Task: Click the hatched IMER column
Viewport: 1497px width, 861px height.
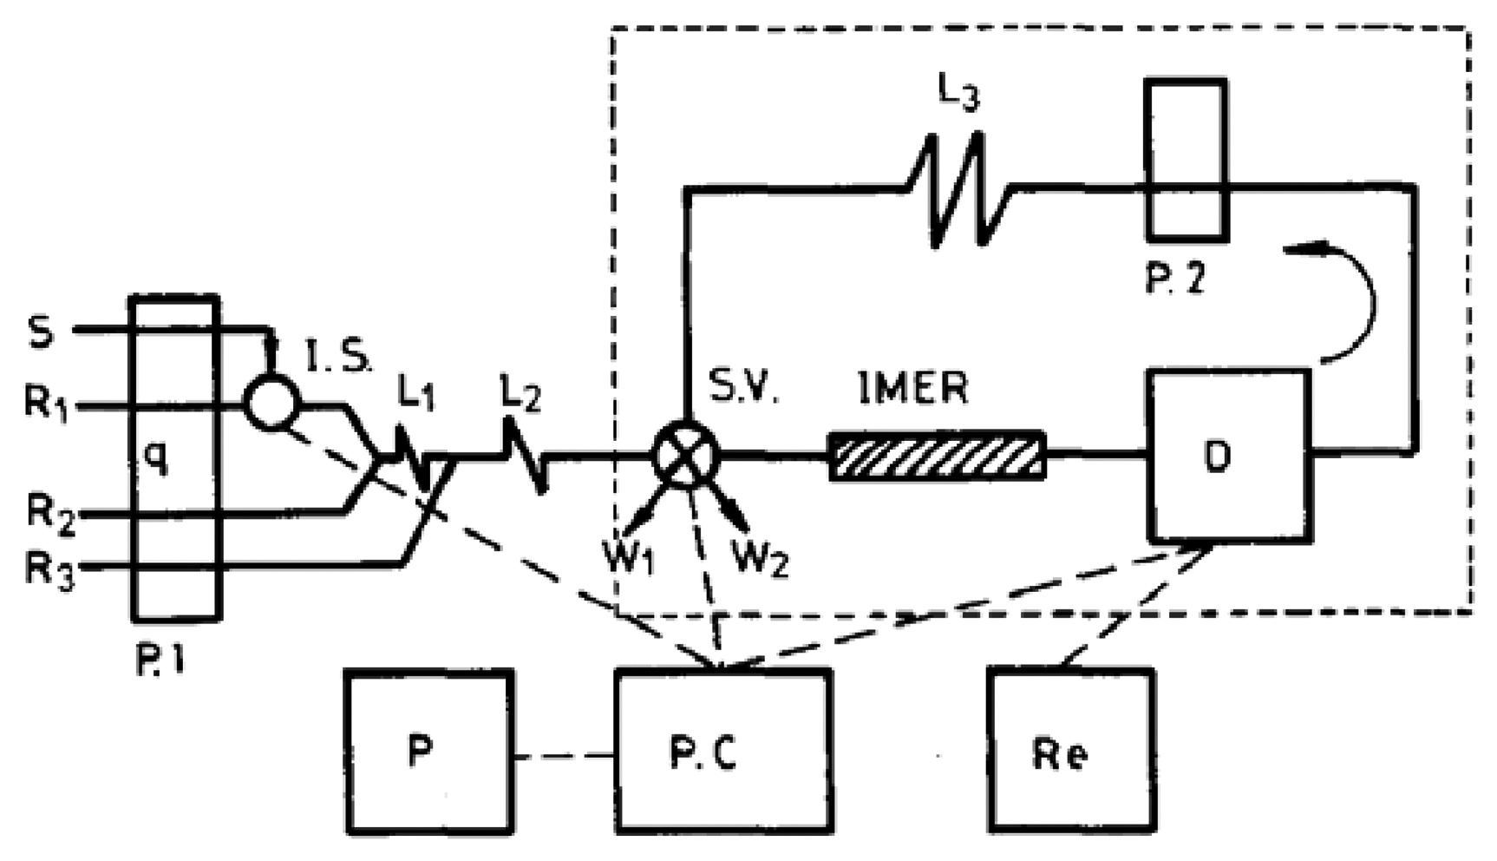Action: [x=937, y=456]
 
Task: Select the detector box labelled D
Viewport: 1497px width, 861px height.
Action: [x=1230, y=456]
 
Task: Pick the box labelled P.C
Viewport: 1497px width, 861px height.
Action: [x=722, y=752]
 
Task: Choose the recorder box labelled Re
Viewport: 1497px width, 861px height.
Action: [x=1072, y=752]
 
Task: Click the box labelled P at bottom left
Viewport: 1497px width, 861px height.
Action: [x=428, y=752]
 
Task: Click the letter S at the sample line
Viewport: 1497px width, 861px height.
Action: [x=41, y=332]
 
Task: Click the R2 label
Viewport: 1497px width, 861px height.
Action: [x=50, y=515]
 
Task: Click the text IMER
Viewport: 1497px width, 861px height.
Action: [x=912, y=388]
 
